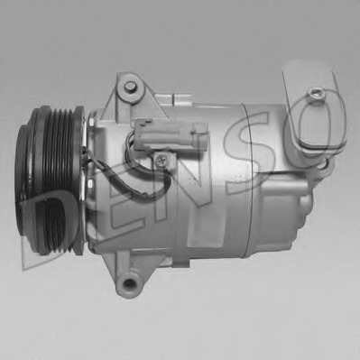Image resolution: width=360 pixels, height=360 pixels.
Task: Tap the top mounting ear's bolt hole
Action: point(130,87)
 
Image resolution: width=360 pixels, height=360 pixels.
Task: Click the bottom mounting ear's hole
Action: point(129,283)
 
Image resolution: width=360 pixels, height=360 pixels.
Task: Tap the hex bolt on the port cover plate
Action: point(317,93)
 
